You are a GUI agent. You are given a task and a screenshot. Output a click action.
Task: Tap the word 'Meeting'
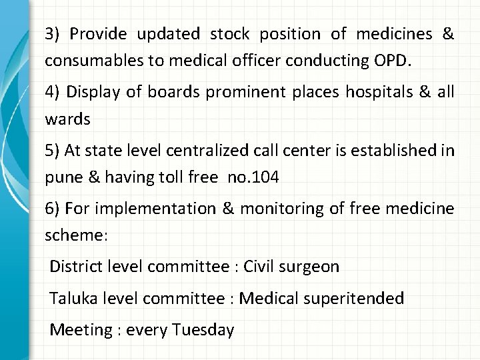tap(79, 329)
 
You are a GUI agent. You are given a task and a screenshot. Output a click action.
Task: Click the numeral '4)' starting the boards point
tap(53, 92)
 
